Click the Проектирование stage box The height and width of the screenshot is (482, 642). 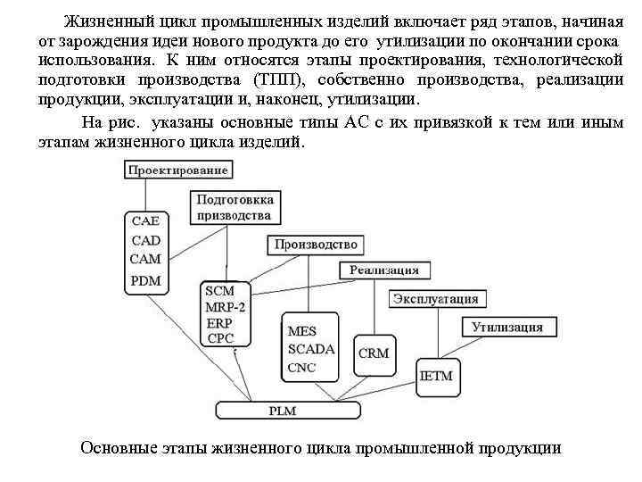(x=178, y=170)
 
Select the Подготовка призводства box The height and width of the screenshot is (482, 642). (x=235, y=207)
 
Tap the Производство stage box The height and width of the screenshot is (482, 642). (x=316, y=245)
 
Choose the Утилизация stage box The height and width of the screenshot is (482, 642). (x=506, y=327)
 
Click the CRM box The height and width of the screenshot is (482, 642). (x=374, y=353)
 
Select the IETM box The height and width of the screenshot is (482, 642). (x=436, y=376)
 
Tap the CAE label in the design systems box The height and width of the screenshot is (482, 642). (x=146, y=221)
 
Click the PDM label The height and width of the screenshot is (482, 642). (x=146, y=279)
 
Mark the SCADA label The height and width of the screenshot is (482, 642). (x=311, y=349)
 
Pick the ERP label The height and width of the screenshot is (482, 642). (x=218, y=323)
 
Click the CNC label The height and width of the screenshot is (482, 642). (x=302, y=368)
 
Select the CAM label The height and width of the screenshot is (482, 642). (x=146, y=259)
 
